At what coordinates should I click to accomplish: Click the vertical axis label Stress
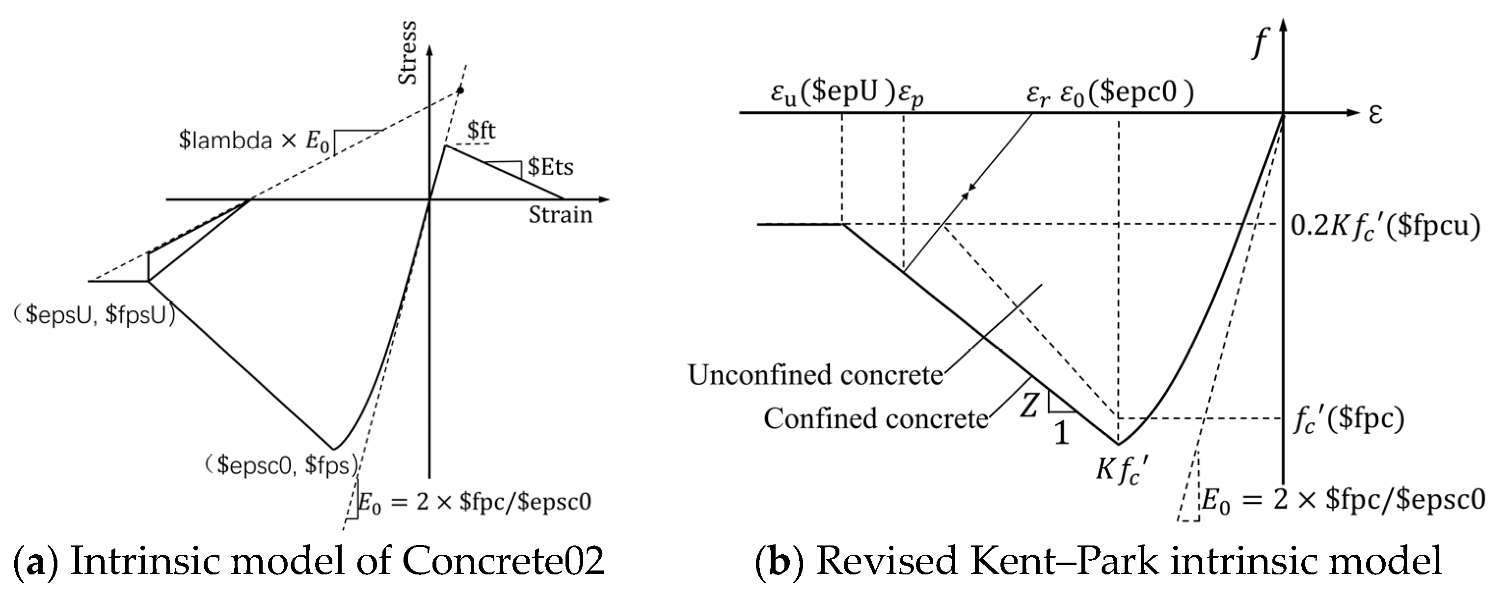[x=408, y=52]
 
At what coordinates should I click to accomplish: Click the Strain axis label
[x=560, y=215]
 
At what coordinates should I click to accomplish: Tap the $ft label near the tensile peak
[x=481, y=130]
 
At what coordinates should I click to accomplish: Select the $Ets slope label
[x=550, y=167]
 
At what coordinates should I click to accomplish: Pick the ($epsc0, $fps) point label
[x=281, y=466]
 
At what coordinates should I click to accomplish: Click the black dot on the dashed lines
[x=460, y=90]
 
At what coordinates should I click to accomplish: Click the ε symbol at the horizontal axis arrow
[x=1375, y=114]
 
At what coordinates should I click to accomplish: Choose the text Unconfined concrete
[x=815, y=375]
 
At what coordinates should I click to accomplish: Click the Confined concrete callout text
[x=876, y=419]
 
